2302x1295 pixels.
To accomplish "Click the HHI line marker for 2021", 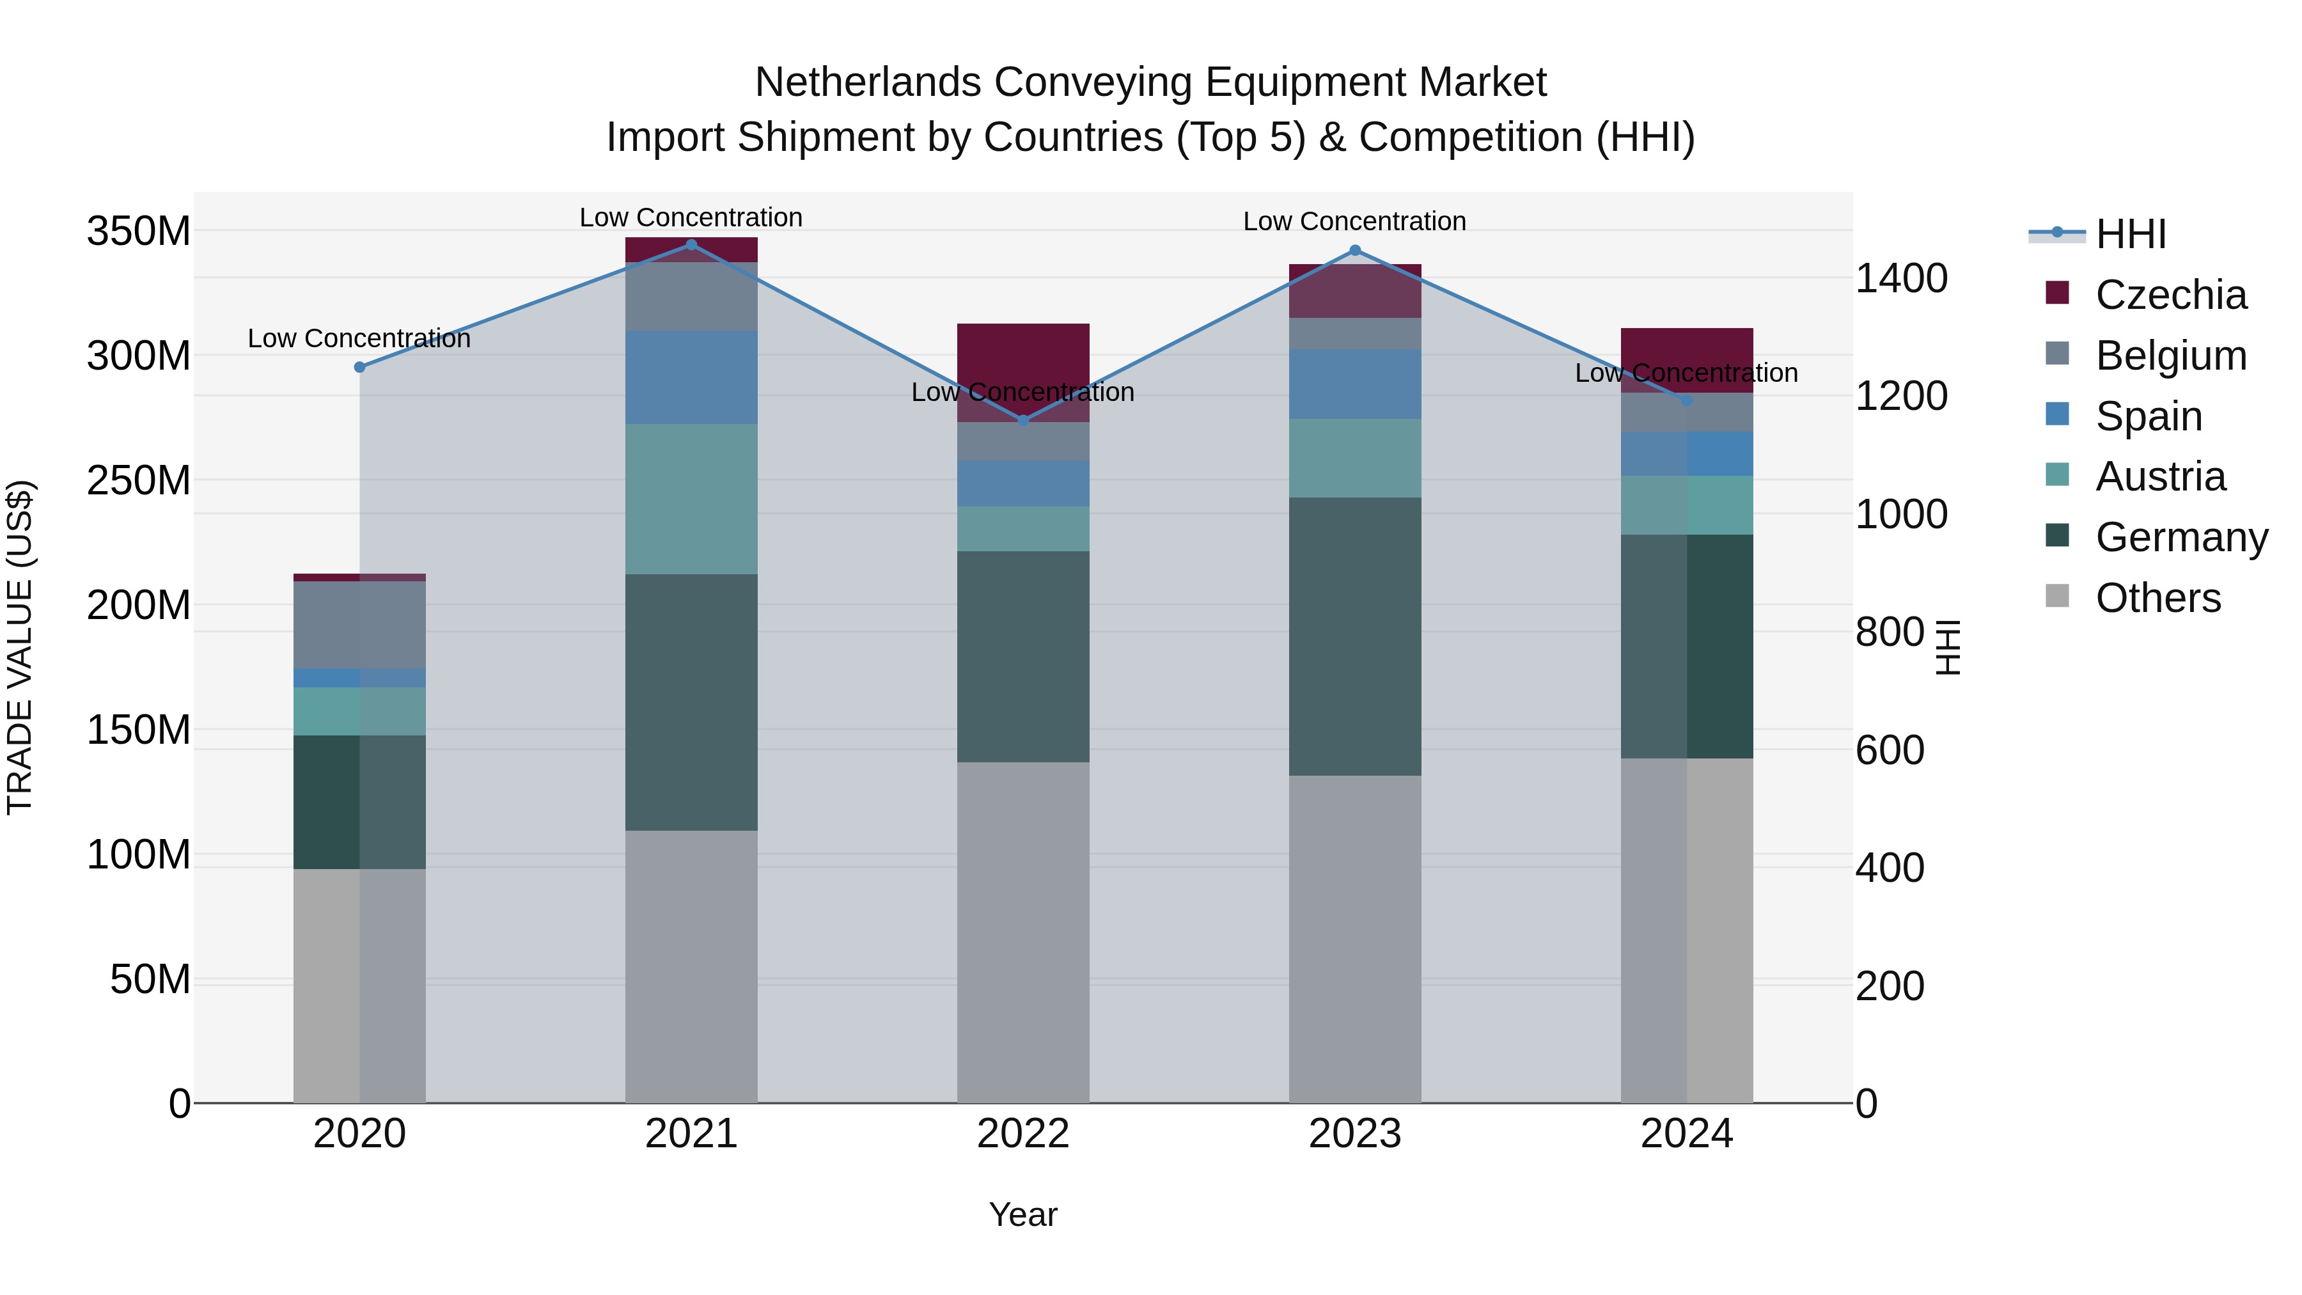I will coord(691,245).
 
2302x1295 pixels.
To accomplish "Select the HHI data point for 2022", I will coord(1023,420).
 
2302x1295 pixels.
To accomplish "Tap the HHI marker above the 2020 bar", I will coord(359,367).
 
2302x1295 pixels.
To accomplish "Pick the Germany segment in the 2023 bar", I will coord(1355,636).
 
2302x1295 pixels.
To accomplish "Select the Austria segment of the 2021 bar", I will coord(691,499).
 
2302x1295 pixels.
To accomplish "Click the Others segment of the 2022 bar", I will coord(1023,932).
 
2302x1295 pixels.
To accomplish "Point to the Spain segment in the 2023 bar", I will coord(1355,384).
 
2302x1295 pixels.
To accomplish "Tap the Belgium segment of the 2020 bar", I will coord(359,625).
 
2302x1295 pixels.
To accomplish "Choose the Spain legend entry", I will coord(2149,416).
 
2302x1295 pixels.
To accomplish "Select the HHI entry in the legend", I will coord(2131,234).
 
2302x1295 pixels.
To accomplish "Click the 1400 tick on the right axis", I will coord(1901,279).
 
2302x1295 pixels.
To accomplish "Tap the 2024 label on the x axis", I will coord(1686,1134).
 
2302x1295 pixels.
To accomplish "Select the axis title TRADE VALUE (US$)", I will coord(20,647).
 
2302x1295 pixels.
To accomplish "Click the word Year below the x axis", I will coord(1022,1214).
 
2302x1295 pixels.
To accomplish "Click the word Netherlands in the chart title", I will coord(867,82).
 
